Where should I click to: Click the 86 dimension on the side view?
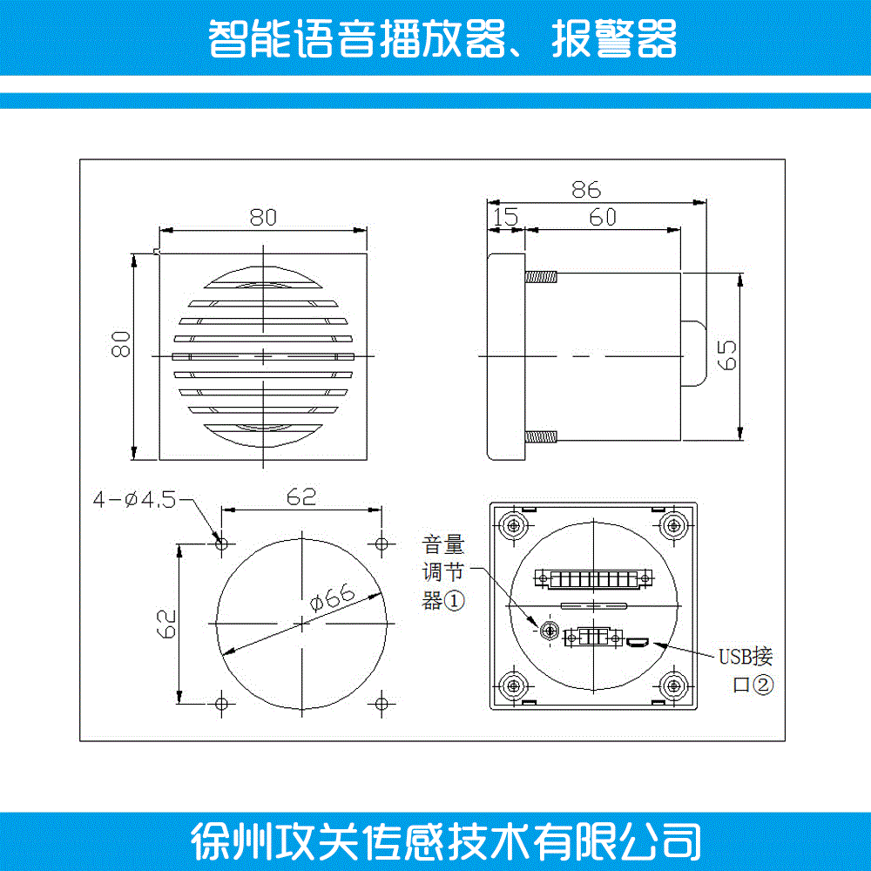586,190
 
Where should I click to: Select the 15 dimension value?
505,217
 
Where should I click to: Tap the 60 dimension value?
603,217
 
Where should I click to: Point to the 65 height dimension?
726,355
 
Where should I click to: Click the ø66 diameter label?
332,598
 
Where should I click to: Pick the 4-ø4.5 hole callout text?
134,499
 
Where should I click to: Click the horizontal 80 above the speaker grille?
263,217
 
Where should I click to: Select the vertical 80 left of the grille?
120,344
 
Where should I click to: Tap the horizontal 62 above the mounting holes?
301,496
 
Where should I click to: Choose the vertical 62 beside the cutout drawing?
166,624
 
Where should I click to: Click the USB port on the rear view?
638,643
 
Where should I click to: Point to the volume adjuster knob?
549,631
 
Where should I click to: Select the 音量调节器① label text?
443,573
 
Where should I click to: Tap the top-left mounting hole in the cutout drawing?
221,544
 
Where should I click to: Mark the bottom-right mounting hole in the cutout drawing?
381,704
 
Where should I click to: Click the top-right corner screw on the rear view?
674,525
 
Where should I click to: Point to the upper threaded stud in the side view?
541,277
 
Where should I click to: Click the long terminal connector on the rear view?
593,579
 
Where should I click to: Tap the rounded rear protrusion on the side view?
694,353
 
